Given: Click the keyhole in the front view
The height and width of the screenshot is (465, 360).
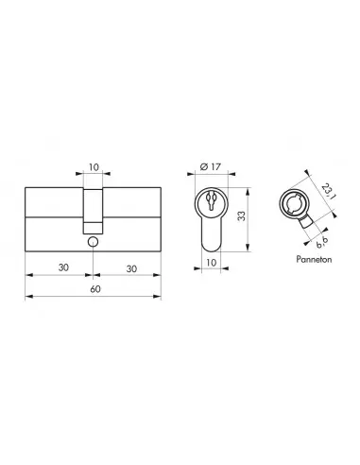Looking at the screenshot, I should (x=211, y=202).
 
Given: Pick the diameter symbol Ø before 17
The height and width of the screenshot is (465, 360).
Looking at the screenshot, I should (x=203, y=170).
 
